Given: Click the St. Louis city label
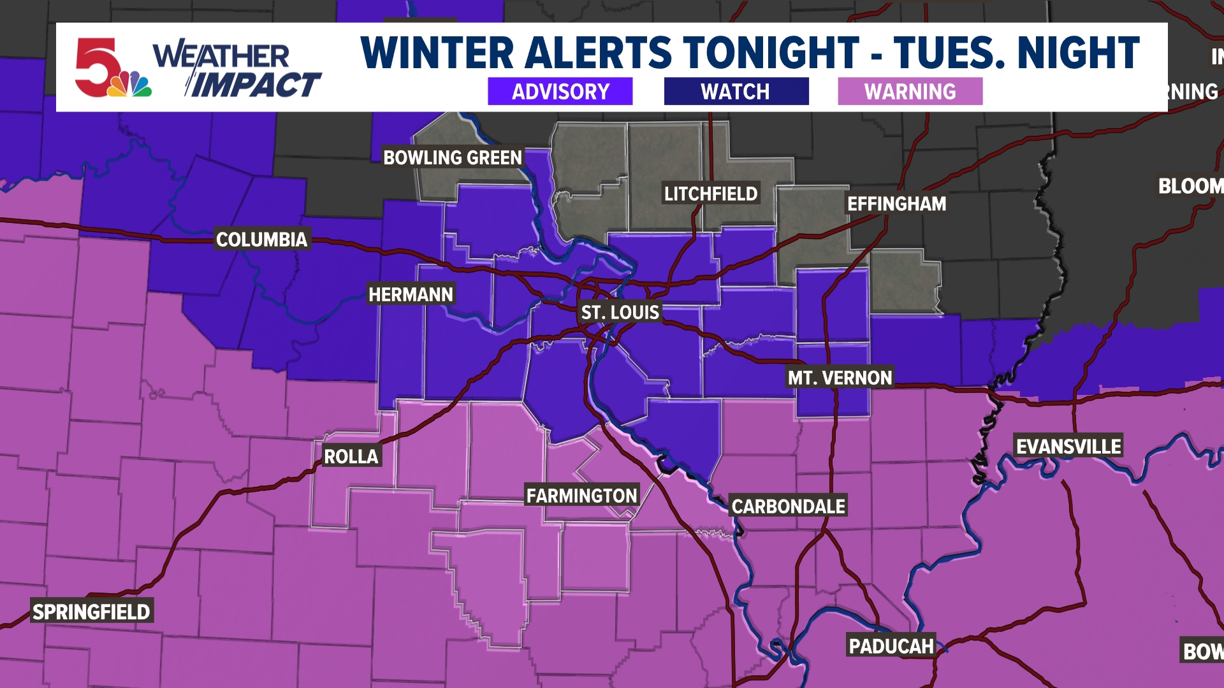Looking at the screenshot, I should (x=620, y=312).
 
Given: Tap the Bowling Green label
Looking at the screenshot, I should (x=452, y=157).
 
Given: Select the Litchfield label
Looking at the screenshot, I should (x=710, y=194).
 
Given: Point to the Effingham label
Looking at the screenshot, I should (x=896, y=204).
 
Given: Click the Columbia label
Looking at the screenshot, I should (x=261, y=240).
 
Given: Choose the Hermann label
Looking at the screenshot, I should (x=411, y=294).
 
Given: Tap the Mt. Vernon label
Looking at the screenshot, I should (x=840, y=378).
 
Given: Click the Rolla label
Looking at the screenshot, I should (x=351, y=456).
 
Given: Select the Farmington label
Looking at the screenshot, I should (x=581, y=495).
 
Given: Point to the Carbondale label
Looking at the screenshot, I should (x=788, y=506).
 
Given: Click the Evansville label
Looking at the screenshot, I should (x=1068, y=447).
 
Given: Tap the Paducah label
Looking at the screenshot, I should (x=891, y=646).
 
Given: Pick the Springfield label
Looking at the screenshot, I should (x=91, y=612).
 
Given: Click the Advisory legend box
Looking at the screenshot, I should (x=560, y=91).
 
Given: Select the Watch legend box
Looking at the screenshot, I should (x=736, y=91).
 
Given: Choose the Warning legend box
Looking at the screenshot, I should (x=910, y=91).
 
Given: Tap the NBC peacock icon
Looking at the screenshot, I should (x=131, y=85).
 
